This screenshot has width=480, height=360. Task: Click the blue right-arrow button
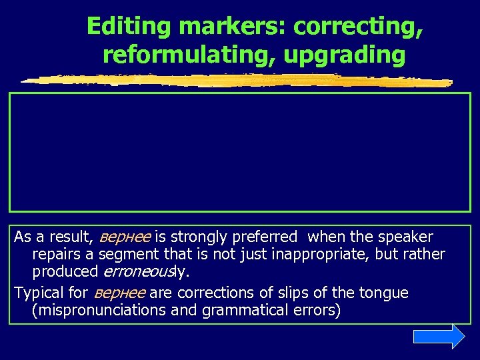[439, 337]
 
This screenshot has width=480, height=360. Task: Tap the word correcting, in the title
[359, 27]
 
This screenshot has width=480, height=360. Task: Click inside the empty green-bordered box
[239, 152]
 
